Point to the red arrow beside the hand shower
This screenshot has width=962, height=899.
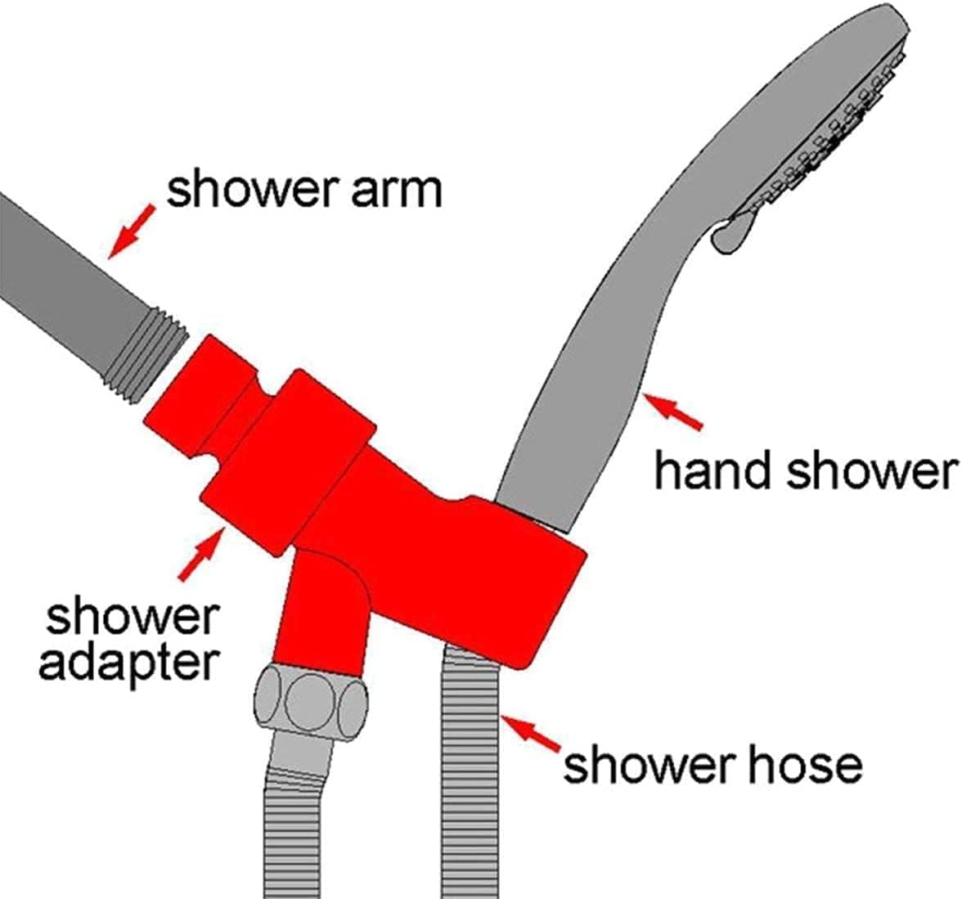[676, 411]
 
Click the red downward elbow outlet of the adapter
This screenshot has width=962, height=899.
[325, 609]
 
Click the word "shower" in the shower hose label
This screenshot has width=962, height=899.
[635, 765]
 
